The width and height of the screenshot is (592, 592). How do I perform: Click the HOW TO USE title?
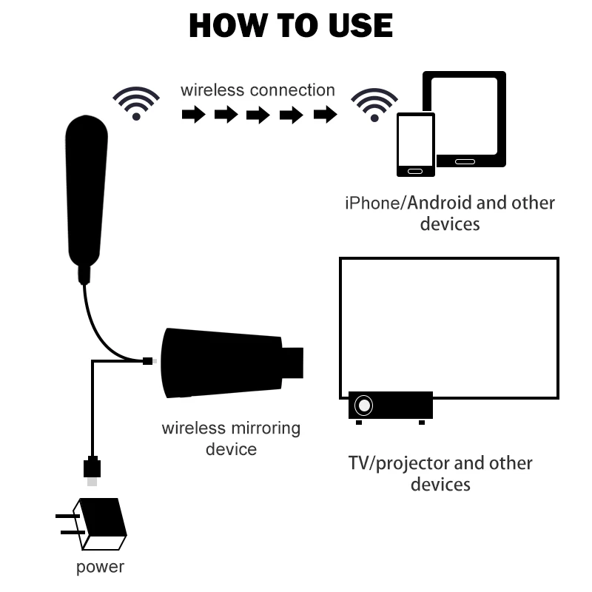click(x=291, y=26)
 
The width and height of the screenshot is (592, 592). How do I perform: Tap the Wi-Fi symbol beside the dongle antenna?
click(x=136, y=103)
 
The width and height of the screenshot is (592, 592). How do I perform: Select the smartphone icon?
click(x=415, y=144)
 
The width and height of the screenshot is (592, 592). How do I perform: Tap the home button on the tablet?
click(x=464, y=161)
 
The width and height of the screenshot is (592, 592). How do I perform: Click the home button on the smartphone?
click(x=415, y=171)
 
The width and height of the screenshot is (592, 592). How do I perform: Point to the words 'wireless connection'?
click(x=257, y=90)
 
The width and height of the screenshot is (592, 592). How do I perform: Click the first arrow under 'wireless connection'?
click(x=193, y=115)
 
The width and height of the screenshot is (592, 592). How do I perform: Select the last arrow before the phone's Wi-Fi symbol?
click(x=326, y=115)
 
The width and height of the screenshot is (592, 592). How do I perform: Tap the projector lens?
click(x=364, y=406)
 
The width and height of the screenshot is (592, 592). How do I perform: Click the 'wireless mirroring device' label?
click(x=231, y=438)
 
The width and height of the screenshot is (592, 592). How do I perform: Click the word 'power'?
click(x=100, y=568)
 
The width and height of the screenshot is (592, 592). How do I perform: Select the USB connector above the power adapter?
click(x=92, y=468)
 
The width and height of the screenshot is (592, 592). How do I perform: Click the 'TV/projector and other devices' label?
click(x=440, y=474)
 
